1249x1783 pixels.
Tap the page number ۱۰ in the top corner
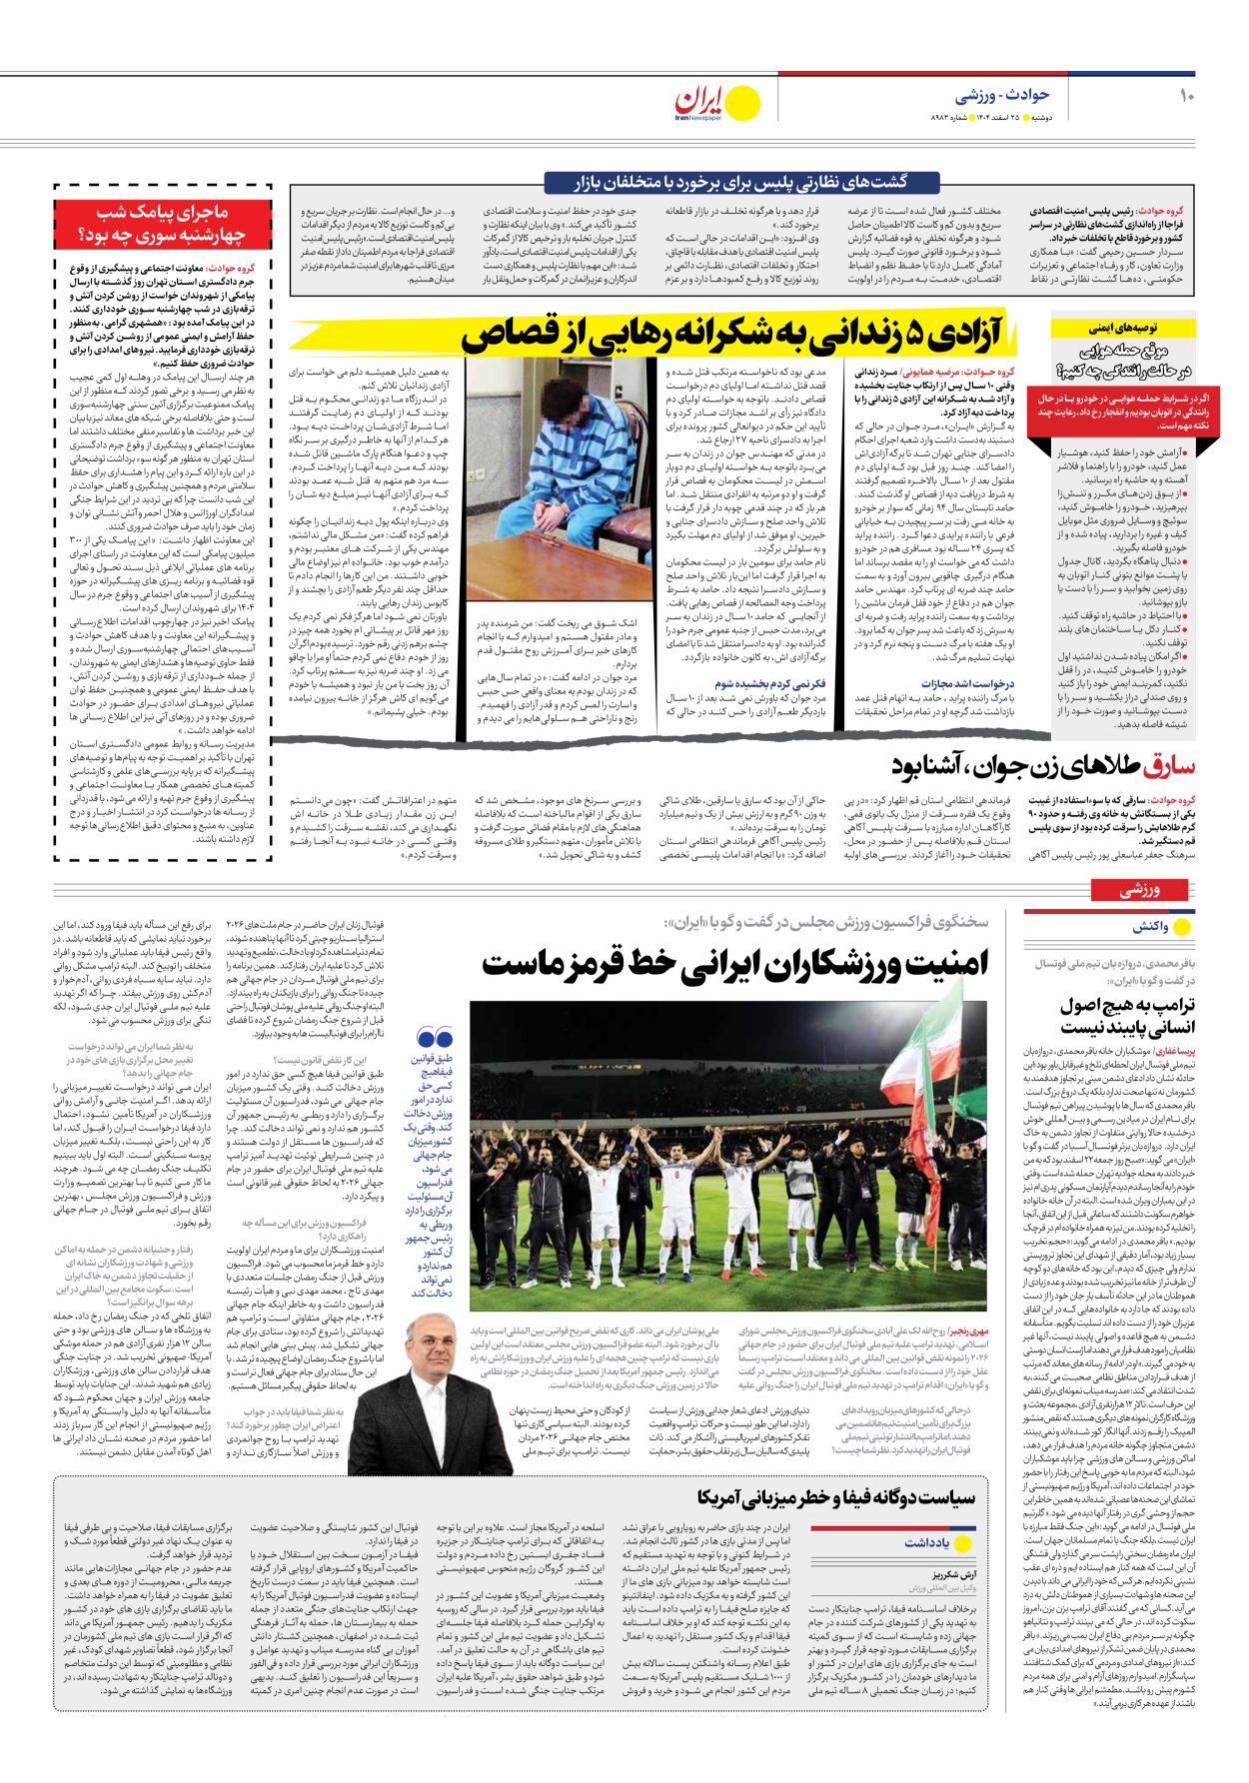pyautogui.click(x=1186, y=96)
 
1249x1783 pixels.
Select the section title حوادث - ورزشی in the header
pyautogui.click(x=1001, y=95)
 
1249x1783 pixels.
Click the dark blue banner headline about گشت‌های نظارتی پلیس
pyautogui.click(x=740, y=182)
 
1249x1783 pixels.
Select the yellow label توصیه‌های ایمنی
pyautogui.click(x=1122, y=328)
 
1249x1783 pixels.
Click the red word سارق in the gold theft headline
pyautogui.click(x=1168, y=767)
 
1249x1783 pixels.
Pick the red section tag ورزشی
pyautogui.click(x=1139, y=889)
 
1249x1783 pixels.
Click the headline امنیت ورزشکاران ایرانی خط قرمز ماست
pyautogui.click(x=734, y=964)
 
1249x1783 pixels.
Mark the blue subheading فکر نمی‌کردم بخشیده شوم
pyautogui.click(x=769, y=684)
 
